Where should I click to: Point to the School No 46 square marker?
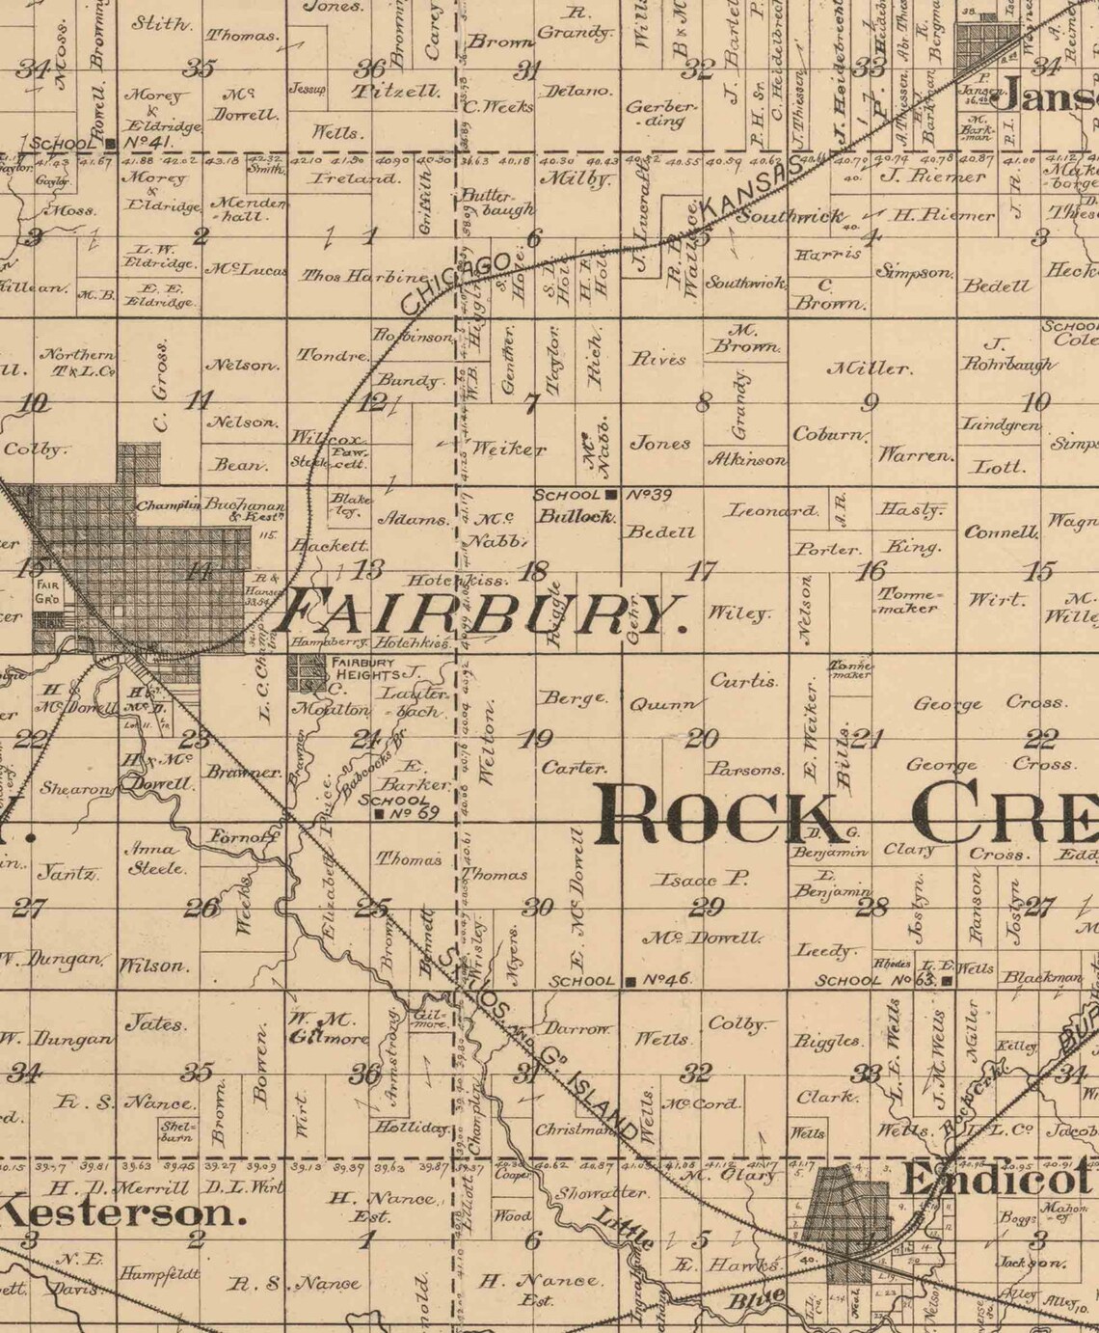(630, 981)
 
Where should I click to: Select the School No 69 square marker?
(379, 814)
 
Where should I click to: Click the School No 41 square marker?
(114, 143)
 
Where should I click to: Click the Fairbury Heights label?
(363, 667)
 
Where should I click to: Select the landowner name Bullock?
(576, 516)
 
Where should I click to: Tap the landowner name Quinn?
(662, 704)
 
